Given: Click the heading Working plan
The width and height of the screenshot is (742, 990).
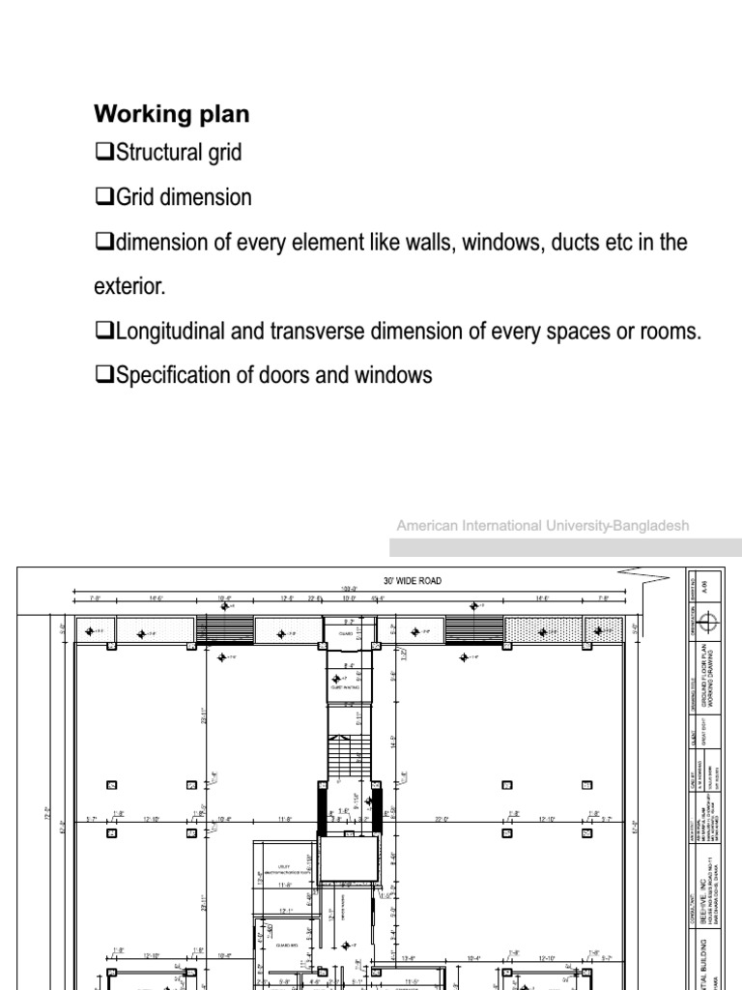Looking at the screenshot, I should [x=171, y=114].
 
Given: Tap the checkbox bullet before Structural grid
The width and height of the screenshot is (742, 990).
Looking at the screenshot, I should [x=104, y=153].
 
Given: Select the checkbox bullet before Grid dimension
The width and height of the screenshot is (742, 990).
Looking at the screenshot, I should [x=104, y=198].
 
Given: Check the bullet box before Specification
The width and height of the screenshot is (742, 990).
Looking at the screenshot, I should [x=104, y=377].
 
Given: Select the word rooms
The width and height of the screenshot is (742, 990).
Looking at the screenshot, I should [x=669, y=333].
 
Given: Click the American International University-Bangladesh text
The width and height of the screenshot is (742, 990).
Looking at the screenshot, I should [x=542, y=526].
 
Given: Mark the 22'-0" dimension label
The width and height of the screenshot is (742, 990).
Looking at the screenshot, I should [x=442, y=820].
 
